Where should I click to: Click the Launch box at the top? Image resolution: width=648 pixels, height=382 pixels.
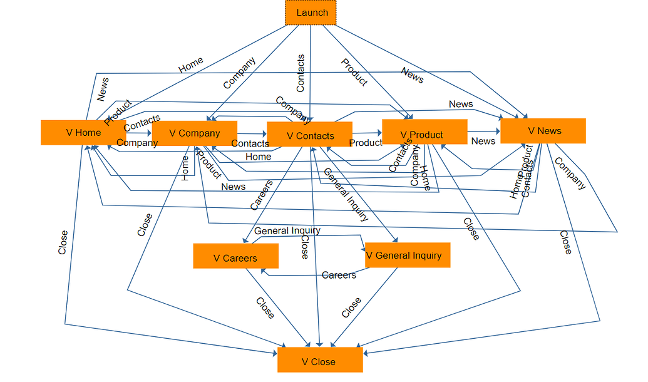click(311, 13)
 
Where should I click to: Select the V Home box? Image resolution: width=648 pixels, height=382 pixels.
click(83, 133)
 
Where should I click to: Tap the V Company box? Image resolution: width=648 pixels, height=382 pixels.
click(194, 133)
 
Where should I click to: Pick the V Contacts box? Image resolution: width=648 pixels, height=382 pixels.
click(310, 135)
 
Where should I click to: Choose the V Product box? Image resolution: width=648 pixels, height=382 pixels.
click(424, 134)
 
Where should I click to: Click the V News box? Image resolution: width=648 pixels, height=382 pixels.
click(543, 131)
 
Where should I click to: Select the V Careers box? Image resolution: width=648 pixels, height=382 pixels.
click(235, 257)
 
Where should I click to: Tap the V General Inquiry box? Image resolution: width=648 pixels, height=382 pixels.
click(407, 255)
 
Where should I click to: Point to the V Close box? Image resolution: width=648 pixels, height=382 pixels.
click(319, 361)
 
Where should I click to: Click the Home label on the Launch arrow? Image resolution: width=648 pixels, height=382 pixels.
click(191, 65)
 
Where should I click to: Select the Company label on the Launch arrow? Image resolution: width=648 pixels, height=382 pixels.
click(239, 73)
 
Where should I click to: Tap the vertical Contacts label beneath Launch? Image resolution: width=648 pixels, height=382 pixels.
click(301, 74)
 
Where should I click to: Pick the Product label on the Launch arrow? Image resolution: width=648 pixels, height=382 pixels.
click(354, 71)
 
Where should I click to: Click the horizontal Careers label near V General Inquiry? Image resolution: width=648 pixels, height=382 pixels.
click(339, 275)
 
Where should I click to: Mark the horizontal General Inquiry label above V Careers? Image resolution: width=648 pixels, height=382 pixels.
click(287, 230)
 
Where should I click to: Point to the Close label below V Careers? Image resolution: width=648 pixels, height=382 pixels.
click(265, 307)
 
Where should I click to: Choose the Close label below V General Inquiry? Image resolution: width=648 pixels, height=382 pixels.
click(351, 307)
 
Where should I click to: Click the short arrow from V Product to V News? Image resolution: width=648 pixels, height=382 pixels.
click(483, 132)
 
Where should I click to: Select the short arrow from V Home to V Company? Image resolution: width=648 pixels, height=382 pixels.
click(139, 133)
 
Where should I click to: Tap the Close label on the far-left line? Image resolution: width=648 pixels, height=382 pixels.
click(63, 242)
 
